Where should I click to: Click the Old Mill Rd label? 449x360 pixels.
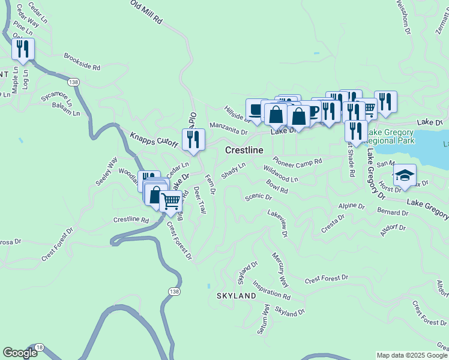(x=147, y=12)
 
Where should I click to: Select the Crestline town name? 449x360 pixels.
(x=244, y=150)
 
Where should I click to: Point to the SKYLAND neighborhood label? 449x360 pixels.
(x=232, y=296)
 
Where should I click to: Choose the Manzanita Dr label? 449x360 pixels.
(x=228, y=128)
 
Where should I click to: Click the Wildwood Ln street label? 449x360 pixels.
(x=280, y=175)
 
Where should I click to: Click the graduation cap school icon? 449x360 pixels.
(x=405, y=175)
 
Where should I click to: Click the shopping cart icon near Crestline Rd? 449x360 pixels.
(x=172, y=202)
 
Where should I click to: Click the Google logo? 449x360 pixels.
(x=20, y=353)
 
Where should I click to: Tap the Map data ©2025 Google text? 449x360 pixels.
(x=412, y=355)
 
